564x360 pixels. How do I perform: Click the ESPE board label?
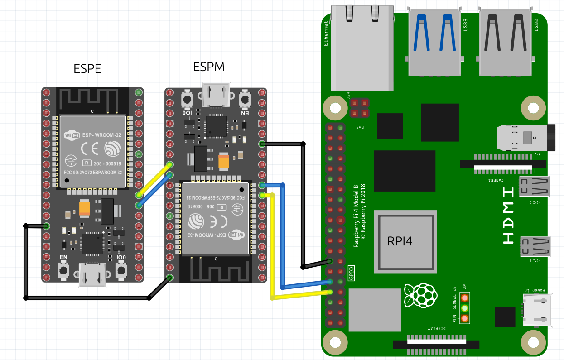[x=87, y=69]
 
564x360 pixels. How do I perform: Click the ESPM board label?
[x=209, y=67]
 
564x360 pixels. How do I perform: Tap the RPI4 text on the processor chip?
[x=400, y=241]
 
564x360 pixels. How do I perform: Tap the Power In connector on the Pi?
[x=537, y=310]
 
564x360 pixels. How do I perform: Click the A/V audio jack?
[x=525, y=138]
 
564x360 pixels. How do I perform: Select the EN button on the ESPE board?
[x=63, y=270]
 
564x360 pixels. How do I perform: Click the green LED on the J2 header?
[x=464, y=308]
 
